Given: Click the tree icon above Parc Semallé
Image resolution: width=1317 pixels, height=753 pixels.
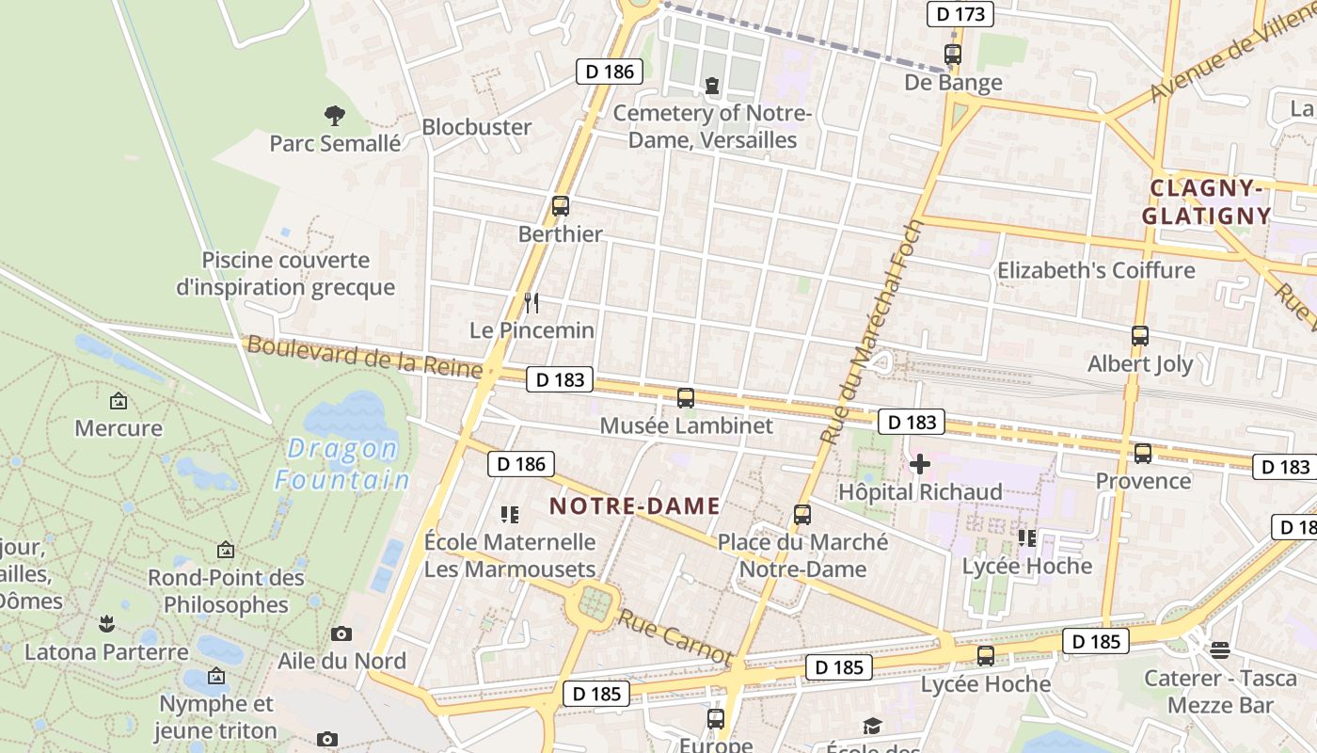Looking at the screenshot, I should point(334,116).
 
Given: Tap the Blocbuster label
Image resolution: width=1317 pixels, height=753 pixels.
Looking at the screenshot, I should point(476,127).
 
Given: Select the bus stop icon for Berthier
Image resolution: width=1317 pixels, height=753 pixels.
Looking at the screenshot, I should point(561,205).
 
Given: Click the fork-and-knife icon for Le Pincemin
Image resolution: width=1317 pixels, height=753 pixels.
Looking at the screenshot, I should point(532,302).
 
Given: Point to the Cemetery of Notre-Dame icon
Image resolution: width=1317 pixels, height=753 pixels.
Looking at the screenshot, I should point(711,86).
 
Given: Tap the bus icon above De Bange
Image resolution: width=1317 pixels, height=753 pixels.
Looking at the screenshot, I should point(953,55).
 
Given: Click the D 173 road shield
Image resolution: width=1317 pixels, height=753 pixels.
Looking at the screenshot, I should point(960,13).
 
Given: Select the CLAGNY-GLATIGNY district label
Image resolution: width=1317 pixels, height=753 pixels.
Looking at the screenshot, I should point(1206,201).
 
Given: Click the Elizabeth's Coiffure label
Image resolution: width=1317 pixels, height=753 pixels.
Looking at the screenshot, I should point(1096,271).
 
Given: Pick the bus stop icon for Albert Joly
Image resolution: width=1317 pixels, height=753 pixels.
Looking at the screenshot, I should point(1140,335).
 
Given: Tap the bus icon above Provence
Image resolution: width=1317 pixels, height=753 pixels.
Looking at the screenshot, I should point(1143,454).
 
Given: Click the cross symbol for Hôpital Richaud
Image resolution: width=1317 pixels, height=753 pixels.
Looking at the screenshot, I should point(920,464).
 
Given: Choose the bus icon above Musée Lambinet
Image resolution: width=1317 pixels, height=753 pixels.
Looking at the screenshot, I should point(686,397).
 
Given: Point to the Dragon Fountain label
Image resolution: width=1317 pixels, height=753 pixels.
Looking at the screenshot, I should point(342,465).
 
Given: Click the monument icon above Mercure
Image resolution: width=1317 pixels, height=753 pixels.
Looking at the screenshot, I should point(119,401).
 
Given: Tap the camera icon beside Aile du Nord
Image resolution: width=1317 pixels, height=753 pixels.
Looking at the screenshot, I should point(341,633).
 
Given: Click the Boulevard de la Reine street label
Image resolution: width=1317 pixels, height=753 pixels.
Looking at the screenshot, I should point(364,358).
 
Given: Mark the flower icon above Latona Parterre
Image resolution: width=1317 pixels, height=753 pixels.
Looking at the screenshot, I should point(106,624).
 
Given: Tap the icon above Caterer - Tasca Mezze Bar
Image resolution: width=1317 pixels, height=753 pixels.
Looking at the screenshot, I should point(1220,649).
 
